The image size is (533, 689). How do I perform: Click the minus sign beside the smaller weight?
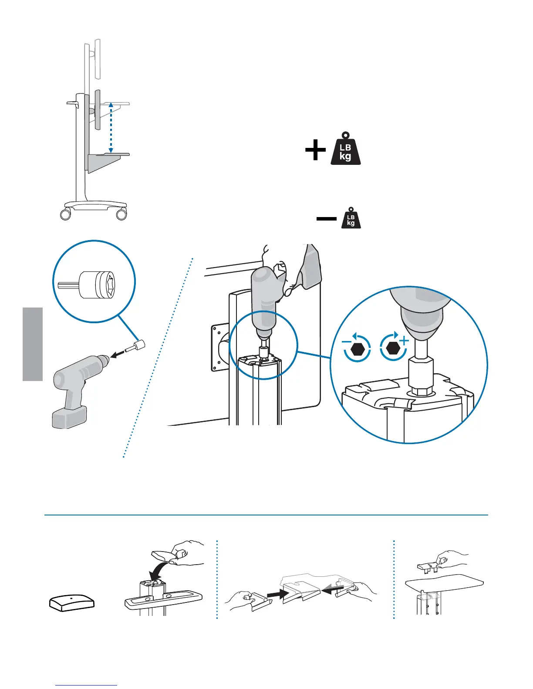click(x=326, y=219)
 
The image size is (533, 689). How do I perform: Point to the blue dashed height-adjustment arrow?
click(x=111, y=128)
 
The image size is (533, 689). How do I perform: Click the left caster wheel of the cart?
click(x=65, y=214)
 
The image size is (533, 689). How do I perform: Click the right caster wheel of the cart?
click(x=121, y=214)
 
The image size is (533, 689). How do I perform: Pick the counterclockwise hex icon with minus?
click(x=357, y=348)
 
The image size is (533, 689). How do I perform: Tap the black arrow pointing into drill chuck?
click(x=117, y=355)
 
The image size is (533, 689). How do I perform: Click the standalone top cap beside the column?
click(x=71, y=603)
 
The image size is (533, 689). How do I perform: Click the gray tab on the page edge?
click(x=33, y=344)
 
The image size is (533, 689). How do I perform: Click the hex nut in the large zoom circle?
click(x=420, y=390)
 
